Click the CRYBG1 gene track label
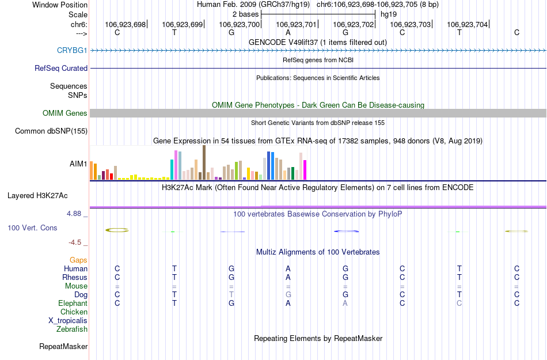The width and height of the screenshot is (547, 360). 72,50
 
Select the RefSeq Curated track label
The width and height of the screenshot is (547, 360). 61,68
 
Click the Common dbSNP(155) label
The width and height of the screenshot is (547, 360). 51,131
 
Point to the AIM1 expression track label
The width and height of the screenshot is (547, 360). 78,164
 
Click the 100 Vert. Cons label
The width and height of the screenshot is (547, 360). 32,228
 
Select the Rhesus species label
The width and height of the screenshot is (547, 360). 75,277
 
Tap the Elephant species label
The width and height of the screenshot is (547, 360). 73,303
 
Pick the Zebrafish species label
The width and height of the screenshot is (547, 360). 72,329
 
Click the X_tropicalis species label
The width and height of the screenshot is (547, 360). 68,320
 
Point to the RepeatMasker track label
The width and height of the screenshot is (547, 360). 63,347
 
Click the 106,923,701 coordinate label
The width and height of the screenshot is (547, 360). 297,24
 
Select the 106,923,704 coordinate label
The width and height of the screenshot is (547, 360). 467,24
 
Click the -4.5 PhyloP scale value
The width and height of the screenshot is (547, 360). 78,242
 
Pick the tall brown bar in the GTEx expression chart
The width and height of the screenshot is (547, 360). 204,162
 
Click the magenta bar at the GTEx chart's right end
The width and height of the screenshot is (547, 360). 305,169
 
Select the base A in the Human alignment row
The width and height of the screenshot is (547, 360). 288,268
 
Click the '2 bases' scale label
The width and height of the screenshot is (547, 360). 245,13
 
